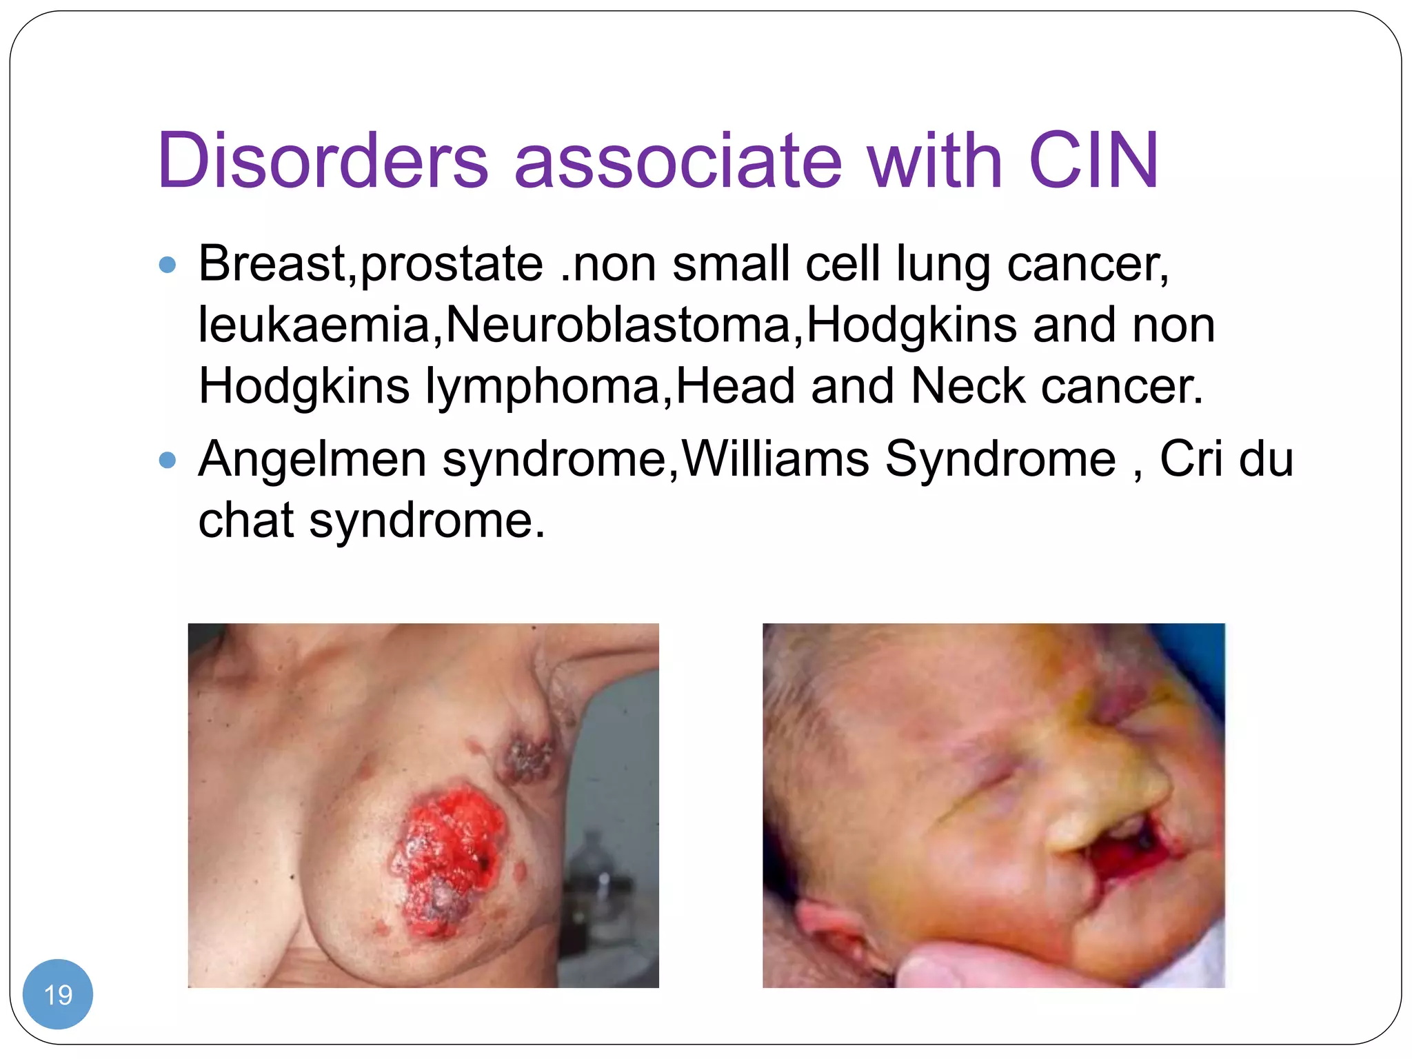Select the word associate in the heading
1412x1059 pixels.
point(678,160)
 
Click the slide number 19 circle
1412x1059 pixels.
point(58,994)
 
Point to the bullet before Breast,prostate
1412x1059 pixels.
point(168,265)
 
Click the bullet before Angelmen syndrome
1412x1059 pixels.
point(168,460)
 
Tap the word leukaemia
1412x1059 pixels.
point(314,325)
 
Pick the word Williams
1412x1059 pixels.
point(775,459)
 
